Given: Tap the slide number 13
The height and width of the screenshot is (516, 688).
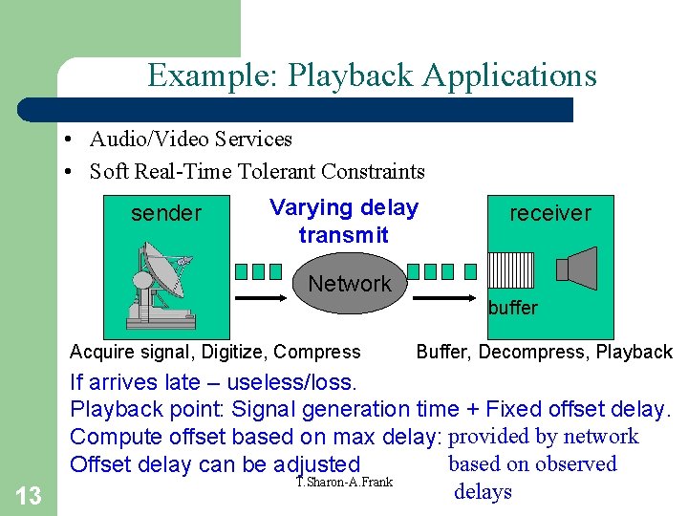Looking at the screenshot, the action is [29, 495].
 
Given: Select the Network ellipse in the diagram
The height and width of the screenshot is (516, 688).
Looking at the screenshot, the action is [350, 283].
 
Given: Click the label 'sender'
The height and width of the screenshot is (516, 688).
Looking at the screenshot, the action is [166, 213].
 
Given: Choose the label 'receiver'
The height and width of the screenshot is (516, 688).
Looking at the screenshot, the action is [550, 213].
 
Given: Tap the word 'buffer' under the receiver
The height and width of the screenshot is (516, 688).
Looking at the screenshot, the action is [513, 308].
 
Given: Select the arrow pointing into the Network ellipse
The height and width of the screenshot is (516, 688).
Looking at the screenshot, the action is [261, 298].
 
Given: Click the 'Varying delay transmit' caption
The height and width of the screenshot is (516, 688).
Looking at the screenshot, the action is [343, 221].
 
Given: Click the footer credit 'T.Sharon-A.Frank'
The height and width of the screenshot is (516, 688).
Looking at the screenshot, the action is [344, 482].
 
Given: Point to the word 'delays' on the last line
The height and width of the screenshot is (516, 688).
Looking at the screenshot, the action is [484, 492].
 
